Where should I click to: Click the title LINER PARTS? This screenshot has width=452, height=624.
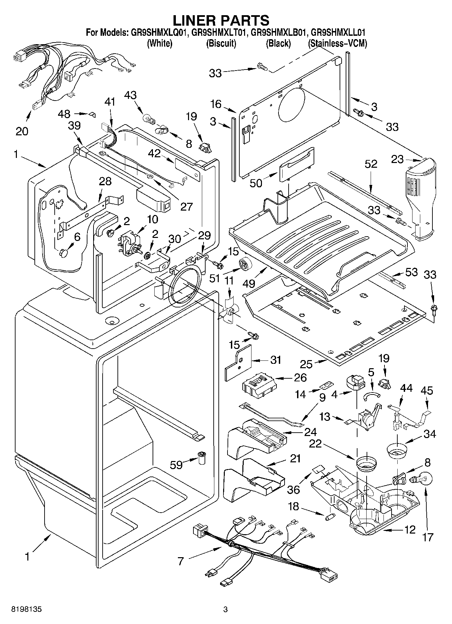[x=221, y=20]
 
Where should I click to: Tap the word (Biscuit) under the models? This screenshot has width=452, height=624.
[x=221, y=43]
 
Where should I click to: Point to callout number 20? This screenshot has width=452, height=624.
[x=22, y=131]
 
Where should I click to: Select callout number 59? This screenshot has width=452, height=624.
[x=176, y=465]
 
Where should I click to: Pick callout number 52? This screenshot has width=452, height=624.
[x=371, y=164]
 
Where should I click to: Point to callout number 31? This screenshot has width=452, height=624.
[x=275, y=360]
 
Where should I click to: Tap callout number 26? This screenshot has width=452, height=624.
[x=300, y=377]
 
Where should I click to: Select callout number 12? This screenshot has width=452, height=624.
[x=410, y=530]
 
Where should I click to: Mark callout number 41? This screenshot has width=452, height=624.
[x=110, y=102]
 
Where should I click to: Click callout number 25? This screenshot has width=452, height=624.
[x=306, y=364]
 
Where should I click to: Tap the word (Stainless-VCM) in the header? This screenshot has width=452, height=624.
[x=337, y=43]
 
